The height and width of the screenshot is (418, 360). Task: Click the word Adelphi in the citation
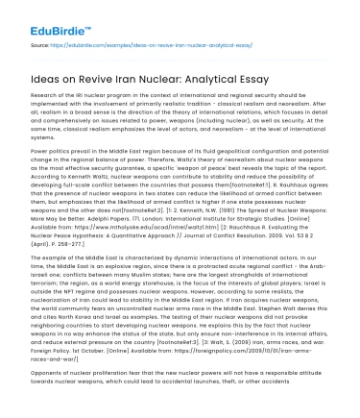pos(90,217)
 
